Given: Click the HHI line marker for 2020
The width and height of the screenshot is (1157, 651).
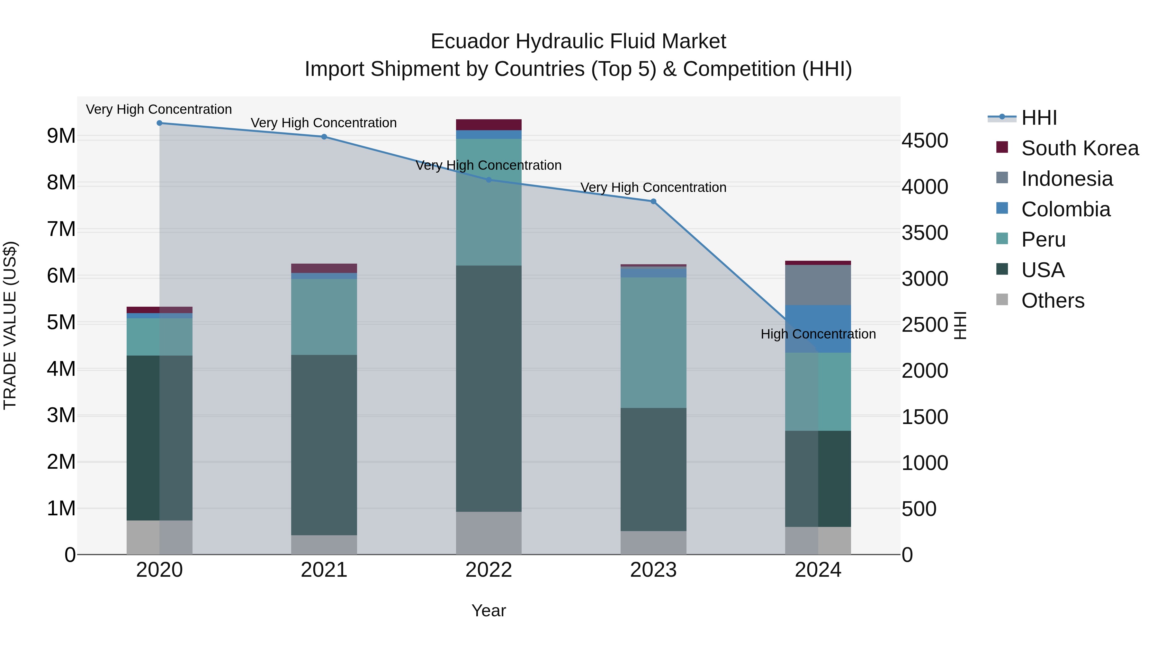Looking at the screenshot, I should pos(159,123).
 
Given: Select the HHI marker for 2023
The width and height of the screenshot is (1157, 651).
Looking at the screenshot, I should pos(653,202).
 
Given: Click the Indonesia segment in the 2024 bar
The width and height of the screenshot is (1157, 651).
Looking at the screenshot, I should pos(818,285).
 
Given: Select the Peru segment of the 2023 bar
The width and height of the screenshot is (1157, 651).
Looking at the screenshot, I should pos(653,342).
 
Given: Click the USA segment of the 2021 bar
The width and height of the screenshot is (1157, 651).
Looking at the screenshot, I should pos(324,445).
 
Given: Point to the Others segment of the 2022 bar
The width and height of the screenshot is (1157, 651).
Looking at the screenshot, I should pos(489,533).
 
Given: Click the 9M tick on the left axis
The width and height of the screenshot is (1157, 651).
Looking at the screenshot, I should pos(61,136).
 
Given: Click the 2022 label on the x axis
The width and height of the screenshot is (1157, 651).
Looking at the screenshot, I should pos(489,570).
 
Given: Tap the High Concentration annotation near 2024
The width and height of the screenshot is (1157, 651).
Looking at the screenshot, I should pos(818,334).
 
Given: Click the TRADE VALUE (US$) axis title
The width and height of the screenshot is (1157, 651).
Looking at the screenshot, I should pos(10,325).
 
